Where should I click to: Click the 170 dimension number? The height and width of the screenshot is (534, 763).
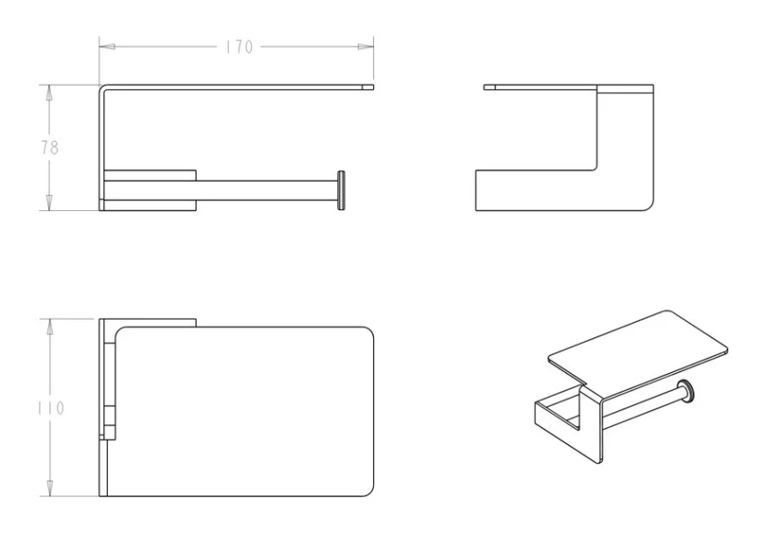pyautogui.click(x=239, y=46)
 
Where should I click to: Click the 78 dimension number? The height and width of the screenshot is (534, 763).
pyautogui.click(x=49, y=148)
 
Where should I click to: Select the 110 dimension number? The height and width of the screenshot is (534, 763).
pyautogui.click(x=51, y=408)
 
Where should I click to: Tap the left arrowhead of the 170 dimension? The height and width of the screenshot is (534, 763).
pyautogui.click(x=107, y=46)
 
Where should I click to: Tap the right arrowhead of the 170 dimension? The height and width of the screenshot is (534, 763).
pyautogui.click(x=366, y=46)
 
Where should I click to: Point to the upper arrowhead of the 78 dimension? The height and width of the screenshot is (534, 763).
pyautogui.click(x=49, y=93)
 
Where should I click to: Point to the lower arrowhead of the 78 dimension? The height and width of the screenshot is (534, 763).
pyautogui.click(x=49, y=203)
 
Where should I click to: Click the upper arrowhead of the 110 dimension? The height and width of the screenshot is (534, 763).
pyautogui.click(x=49, y=327)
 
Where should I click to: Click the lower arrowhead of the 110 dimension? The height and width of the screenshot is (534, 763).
pyautogui.click(x=49, y=489)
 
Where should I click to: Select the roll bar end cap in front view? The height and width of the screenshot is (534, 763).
pyautogui.click(x=341, y=190)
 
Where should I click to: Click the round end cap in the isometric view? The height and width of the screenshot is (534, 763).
pyautogui.click(x=686, y=391)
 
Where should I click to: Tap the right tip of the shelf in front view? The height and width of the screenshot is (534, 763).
pyautogui.click(x=373, y=87)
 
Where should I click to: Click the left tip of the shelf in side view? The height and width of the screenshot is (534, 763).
pyautogui.click(x=484, y=87)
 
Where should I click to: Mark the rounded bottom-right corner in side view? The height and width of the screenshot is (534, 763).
pyautogui.click(x=649, y=206)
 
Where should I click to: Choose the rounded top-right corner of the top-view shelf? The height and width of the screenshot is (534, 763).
pyautogui.click(x=369, y=331)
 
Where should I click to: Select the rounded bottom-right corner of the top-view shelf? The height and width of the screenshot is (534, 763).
pyautogui.click(x=369, y=492)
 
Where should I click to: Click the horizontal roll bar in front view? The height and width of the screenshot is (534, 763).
pyautogui.click(x=267, y=190)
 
